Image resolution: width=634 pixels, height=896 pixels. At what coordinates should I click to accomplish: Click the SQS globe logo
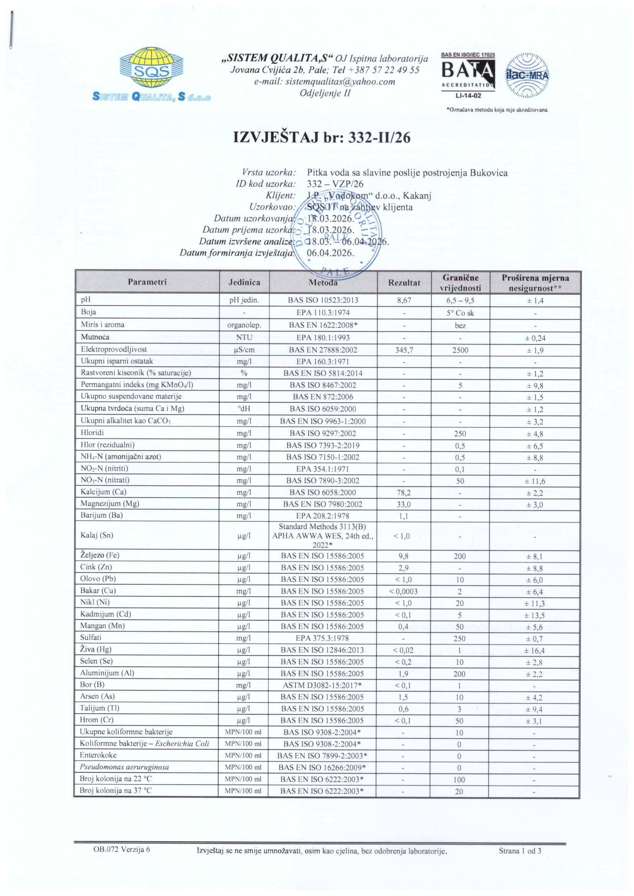tap(151, 68)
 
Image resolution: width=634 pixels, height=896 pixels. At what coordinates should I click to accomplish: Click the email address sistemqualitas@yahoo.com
tap(324, 82)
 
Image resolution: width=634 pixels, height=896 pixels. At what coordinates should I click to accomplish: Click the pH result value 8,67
tap(404, 300)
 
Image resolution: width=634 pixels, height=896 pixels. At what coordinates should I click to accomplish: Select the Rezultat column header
tap(404, 282)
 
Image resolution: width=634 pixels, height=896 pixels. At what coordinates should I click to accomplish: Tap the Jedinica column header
tap(245, 282)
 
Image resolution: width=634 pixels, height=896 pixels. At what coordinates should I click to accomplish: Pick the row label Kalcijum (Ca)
tap(103, 492)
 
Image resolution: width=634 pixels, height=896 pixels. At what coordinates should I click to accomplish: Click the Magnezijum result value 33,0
tap(404, 505)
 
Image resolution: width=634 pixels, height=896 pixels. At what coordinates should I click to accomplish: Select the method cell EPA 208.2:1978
tap(322, 516)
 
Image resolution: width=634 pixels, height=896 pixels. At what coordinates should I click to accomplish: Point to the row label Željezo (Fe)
tap(100, 555)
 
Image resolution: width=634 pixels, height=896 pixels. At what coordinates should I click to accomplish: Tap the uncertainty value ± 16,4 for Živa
tap(534, 650)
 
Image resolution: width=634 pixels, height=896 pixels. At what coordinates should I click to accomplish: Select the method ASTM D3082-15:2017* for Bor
tap(322, 685)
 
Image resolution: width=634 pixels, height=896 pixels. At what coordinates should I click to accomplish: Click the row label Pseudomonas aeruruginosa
tap(124, 767)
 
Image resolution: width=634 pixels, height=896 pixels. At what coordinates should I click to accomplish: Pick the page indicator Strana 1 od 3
tap(520, 851)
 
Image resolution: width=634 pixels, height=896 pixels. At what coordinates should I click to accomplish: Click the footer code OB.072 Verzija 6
tap(122, 850)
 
